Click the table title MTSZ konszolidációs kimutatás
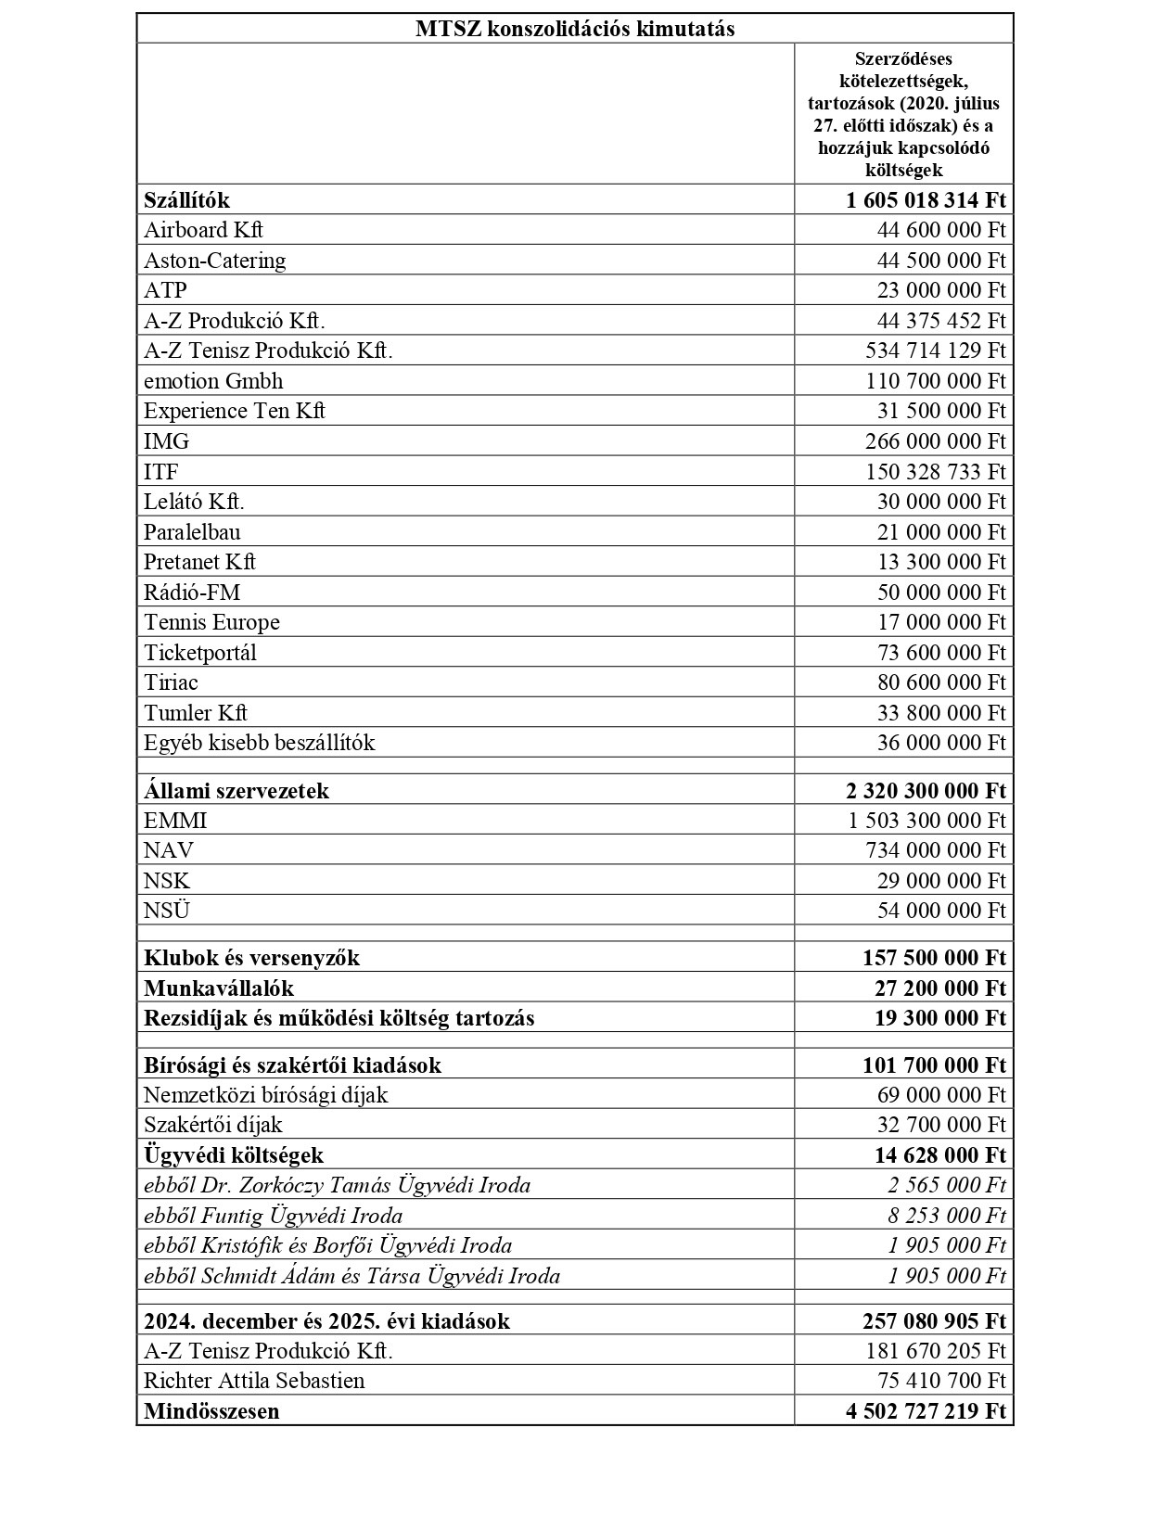[x=574, y=29]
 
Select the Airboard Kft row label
[x=203, y=230]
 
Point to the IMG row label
[x=166, y=441]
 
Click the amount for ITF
[x=935, y=472]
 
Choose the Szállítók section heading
[x=186, y=200]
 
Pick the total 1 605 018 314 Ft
[x=926, y=200]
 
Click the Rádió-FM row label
[x=192, y=593]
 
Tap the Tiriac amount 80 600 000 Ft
[x=940, y=682]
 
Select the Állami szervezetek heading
[x=236, y=791]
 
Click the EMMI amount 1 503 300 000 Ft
[x=926, y=821]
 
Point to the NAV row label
[x=169, y=850]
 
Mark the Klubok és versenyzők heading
[x=251, y=958]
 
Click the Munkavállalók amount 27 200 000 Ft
[x=939, y=988]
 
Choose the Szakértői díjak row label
[x=212, y=1125]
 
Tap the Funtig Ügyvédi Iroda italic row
[x=273, y=1216]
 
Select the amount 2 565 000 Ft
[x=946, y=1185]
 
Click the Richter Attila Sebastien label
[x=254, y=1381]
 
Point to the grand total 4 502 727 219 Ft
[x=926, y=1411]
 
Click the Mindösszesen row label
[x=211, y=1411]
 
